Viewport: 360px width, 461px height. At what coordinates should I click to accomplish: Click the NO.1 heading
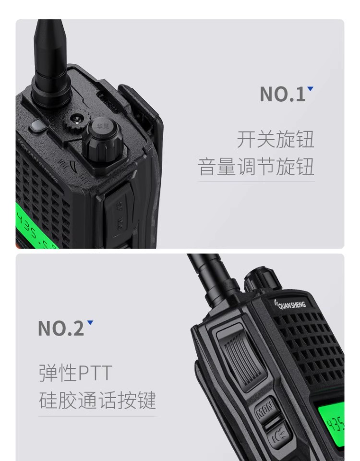click(x=282, y=95)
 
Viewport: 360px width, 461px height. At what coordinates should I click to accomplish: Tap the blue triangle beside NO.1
click(x=311, y=88)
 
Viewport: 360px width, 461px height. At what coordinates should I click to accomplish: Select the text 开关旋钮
click(x=275, y=139)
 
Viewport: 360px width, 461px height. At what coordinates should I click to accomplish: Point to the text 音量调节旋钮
click(x=256, y=167)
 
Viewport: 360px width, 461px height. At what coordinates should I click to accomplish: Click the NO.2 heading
click(x=60, y=328)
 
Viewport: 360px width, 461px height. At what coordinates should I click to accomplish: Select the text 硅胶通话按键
click(x=97, y=400)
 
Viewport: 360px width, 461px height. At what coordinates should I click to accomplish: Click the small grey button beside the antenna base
click(x=36, y=126)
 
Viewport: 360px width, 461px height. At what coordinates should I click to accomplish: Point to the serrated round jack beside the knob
click(x=76, y=119)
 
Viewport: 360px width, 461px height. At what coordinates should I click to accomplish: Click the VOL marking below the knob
click(x=63, y=166)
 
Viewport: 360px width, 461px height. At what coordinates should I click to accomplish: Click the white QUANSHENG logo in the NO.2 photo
click(x=291, y=303)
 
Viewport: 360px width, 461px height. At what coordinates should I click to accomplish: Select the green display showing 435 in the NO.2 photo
click(x=333, y=425)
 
